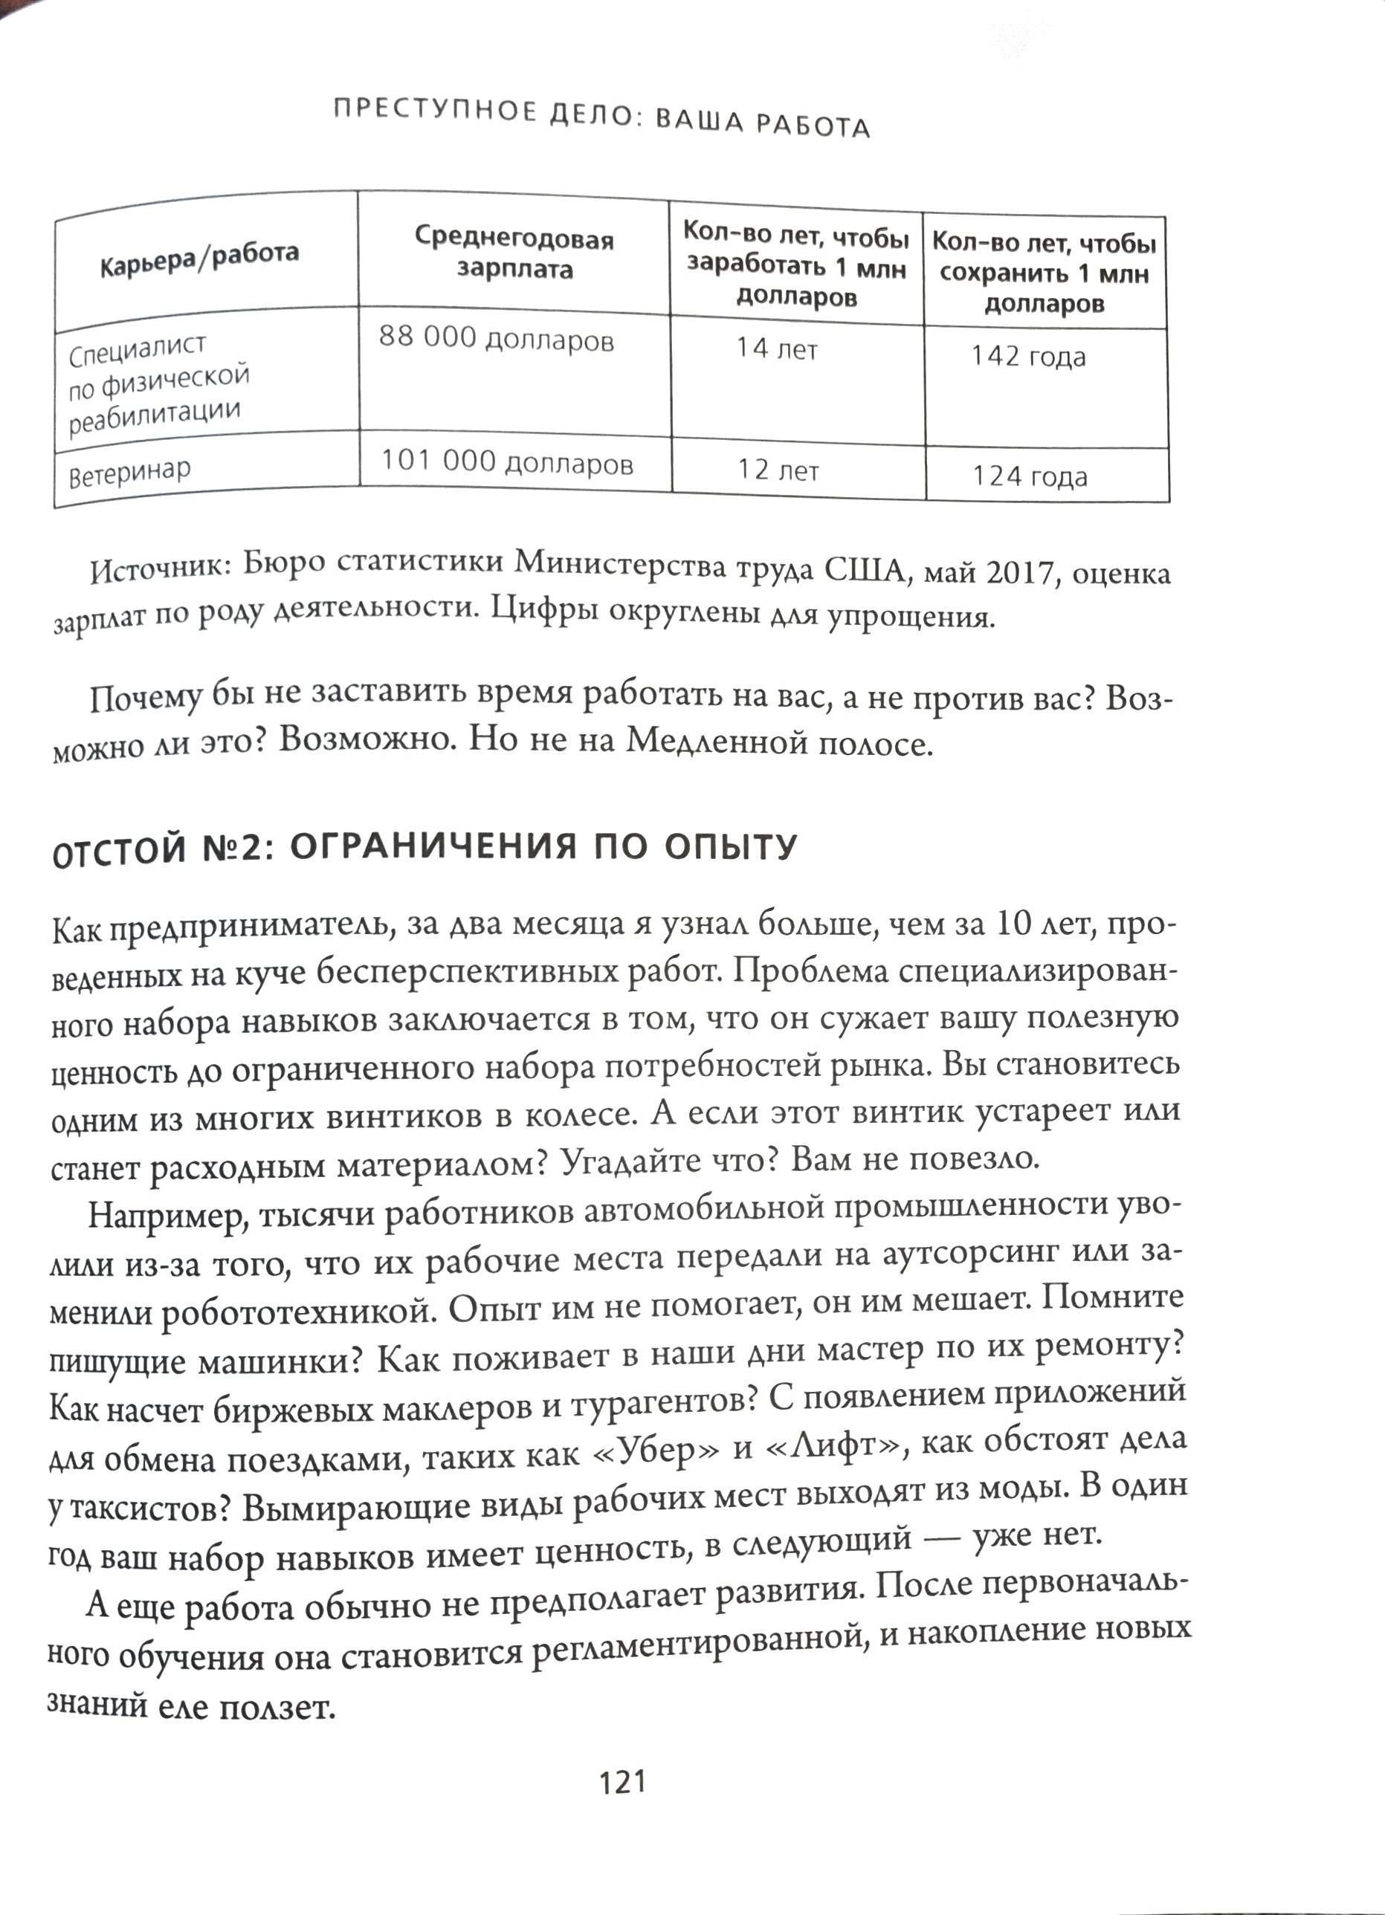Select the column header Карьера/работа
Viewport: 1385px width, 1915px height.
coord(199,259)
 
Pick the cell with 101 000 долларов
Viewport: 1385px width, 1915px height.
coord(507,462)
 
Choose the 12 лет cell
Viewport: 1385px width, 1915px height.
coord(778,470)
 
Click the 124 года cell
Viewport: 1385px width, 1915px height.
coord(1030,477)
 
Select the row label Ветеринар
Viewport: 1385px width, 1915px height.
coord(129,473)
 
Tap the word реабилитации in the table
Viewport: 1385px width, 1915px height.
coord(155,416)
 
